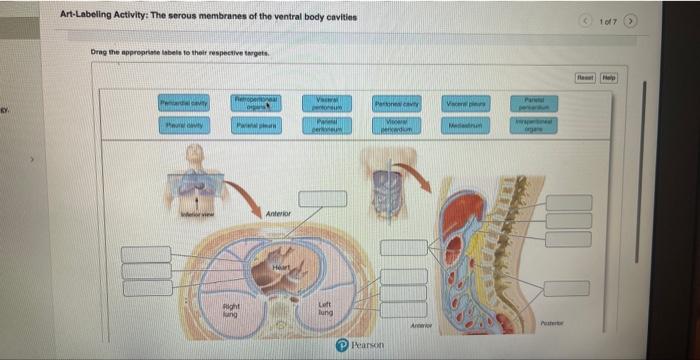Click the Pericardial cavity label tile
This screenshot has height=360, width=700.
pyautogui.click(x=183, y=104)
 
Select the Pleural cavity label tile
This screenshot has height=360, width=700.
pyautogui.click(x=183, y=125)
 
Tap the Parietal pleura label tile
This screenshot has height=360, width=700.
pyautogui.click(x=257, y=125)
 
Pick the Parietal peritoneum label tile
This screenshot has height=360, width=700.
pyautogui.click(x=327, y=125)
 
